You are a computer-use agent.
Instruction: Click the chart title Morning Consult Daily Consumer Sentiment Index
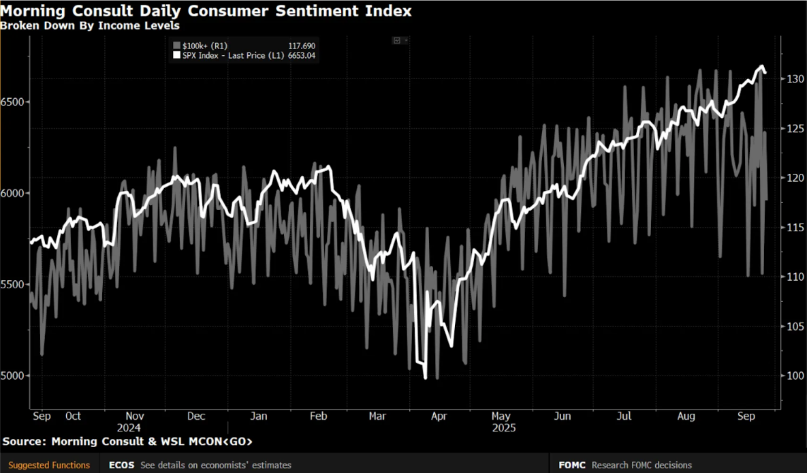[x=206, y=12]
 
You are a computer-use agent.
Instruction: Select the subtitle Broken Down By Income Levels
[x=90, y=26]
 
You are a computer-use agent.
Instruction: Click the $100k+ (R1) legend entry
[x=204, y=46]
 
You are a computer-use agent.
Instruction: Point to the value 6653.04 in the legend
[x=303, y=55]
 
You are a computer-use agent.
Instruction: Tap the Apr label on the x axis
[x=439, y=416]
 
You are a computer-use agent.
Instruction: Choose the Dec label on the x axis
[x=196, y=416]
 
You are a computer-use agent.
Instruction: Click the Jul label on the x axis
[x=624, y=416]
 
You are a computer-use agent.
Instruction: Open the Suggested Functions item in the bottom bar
[x=49, y=465]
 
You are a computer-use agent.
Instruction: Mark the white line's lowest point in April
[x=425, y=378]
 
